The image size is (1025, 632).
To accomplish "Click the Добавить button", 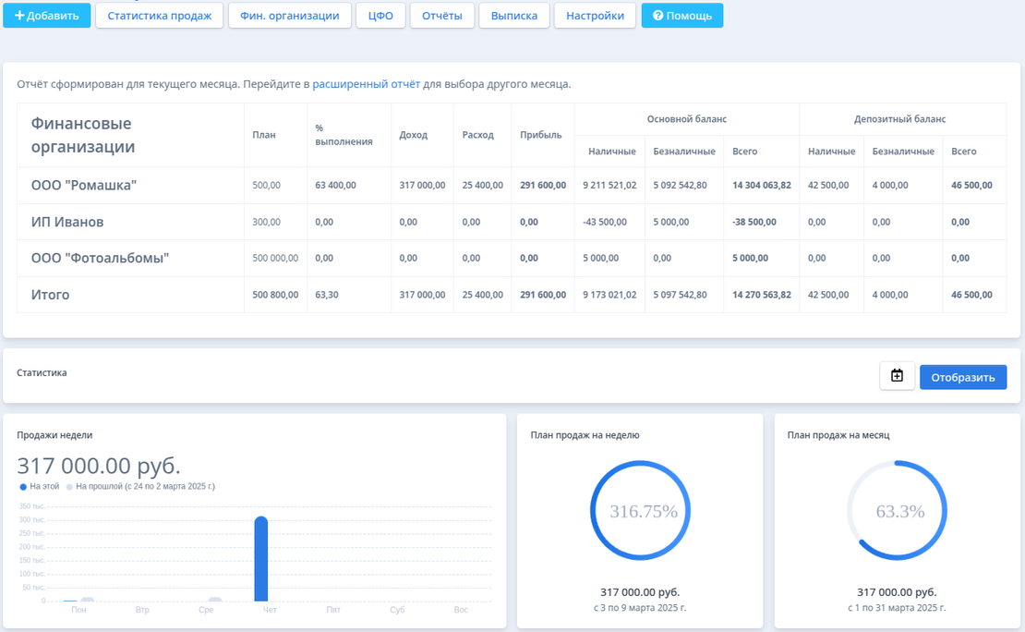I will pos(46,16).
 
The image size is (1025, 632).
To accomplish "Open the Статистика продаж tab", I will pos(160,16).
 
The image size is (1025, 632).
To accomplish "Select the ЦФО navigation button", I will pos(380,16).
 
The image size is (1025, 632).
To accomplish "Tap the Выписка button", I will pos(514,16).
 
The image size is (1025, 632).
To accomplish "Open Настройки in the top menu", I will pos(596,16).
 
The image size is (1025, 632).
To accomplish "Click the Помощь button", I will pos(682,16).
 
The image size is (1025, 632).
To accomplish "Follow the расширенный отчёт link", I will pos(366,84).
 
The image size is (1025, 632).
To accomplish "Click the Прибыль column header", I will pos(541,135).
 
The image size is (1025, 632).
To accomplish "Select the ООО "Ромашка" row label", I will pos(84,186).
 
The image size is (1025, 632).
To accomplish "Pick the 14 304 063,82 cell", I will pos(761,186).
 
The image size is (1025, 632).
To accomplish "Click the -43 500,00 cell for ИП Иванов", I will pos(605,223).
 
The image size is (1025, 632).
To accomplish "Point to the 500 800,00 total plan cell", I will pos(275,295).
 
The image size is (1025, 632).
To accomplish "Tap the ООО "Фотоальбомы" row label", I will pos(100,259).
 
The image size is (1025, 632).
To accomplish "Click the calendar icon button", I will pos(897,376).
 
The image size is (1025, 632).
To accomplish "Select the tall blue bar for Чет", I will pos(261,559).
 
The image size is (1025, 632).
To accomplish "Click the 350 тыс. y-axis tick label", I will pos(32,506).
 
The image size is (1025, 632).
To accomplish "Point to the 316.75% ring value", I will pos(644,511).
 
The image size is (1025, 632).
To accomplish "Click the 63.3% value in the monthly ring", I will pos(900,511).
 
